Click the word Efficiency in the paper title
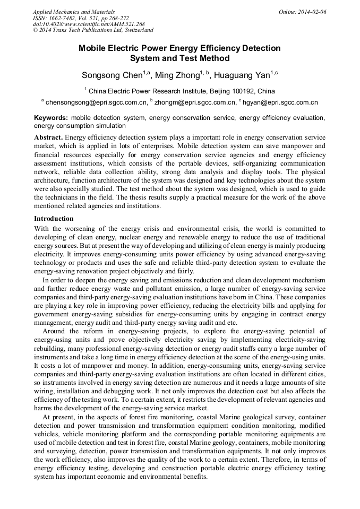pyautogui.click(x=201, y=48)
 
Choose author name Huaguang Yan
pyautogui.click(x=242, y=75)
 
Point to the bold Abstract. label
pyautogui.click(x=48, y=137)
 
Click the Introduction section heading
pyautogui.click(x=54, y=218)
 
